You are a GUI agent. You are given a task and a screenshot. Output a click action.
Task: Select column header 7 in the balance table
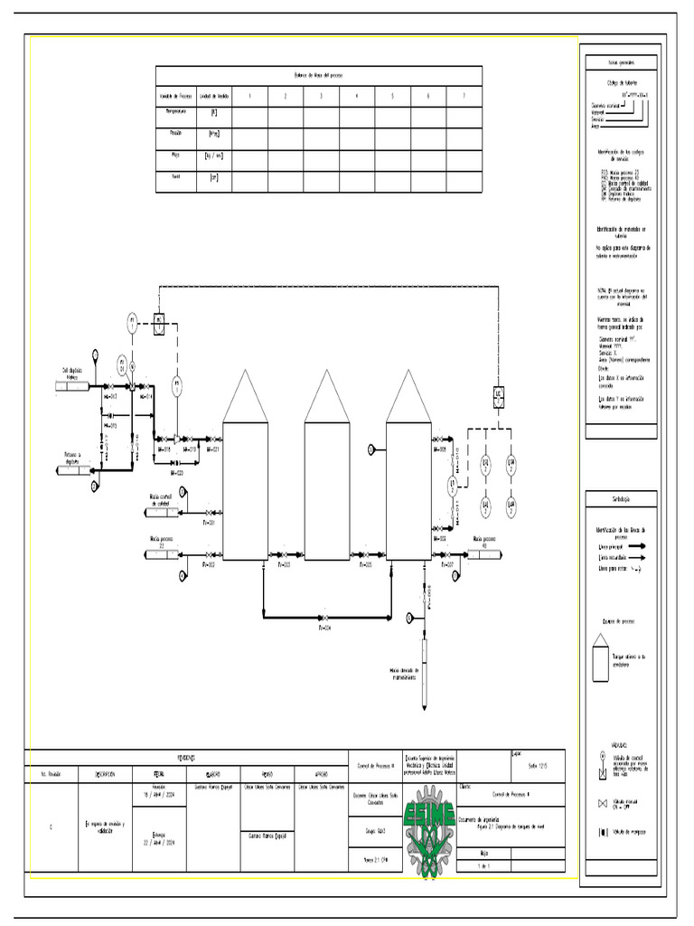pos(463,96)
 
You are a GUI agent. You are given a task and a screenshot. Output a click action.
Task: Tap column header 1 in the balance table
pos(249,96)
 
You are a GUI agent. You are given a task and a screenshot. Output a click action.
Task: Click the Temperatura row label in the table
pos(174,113)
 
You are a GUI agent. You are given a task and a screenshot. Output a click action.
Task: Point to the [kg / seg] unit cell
pos(214,156)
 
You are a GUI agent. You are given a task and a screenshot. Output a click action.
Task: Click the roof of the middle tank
pos(326,398)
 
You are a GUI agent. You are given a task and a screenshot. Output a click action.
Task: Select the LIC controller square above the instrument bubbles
pos(498,393)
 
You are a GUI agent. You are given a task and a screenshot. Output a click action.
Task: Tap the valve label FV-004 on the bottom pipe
pos(325,627)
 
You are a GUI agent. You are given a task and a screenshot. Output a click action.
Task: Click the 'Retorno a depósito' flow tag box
pos(72,468)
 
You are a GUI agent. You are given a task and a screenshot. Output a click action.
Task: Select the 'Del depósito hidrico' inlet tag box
pos(72,387)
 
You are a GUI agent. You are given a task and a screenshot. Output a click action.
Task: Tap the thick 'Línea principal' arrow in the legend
pos(639,546)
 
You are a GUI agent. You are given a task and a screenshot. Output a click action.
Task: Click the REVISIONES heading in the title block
pos(185,758)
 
